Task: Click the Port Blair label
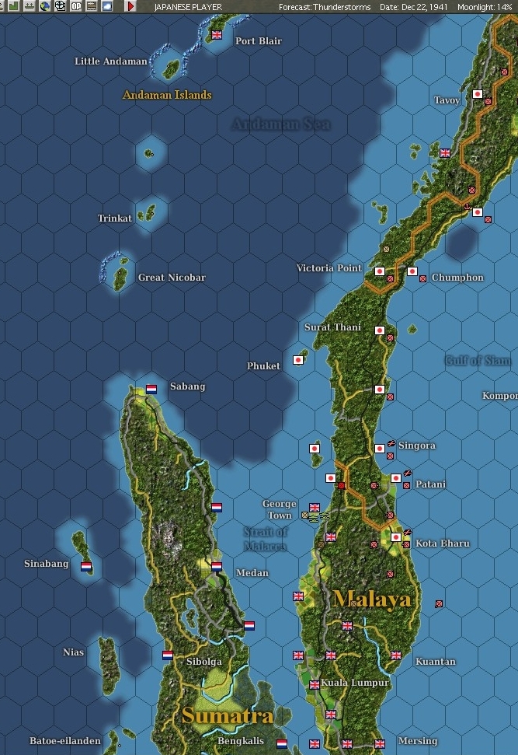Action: point(258,41)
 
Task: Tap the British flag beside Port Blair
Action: point(217,35)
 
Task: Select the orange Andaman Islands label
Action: point(167,95)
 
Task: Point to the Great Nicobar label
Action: point(172,278)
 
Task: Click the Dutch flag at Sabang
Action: point(151,389)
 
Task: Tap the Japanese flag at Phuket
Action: point(297,360)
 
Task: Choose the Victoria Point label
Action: point(329,268)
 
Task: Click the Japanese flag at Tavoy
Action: point(478,94)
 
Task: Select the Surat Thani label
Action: point(332,327)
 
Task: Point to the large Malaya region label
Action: point(372,599)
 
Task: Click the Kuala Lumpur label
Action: point(355,683)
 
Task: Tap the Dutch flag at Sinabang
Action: point(86,566)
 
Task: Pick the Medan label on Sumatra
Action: point(252,573)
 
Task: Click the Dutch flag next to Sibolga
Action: point(167,655)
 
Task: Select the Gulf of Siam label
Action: point(478,361)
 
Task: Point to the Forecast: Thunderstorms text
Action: point(325,6)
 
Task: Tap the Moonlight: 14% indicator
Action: point(485,6)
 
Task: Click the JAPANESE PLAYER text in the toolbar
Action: point(188,6)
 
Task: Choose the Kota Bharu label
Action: point(442,544)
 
